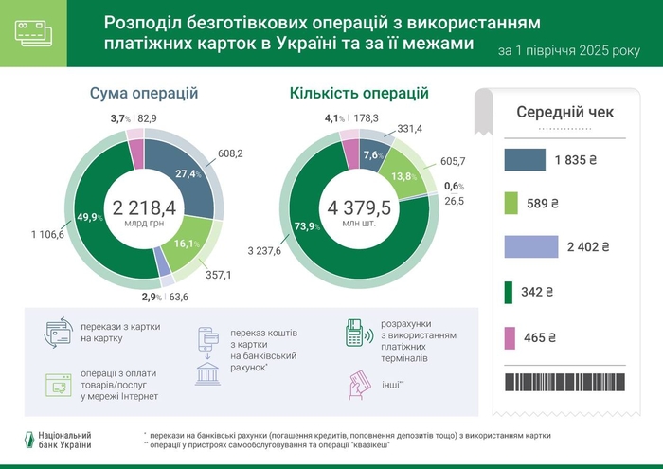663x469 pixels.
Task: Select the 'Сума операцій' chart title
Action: point(144,93)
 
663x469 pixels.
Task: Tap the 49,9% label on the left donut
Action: point(91,218)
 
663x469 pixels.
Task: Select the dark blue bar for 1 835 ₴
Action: point(525,160)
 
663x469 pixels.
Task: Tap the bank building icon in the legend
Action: point(208,371)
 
